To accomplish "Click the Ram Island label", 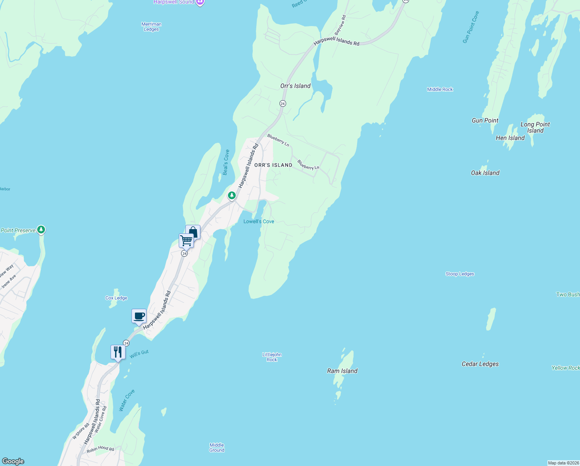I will pyautogui.click(x=342, y=371).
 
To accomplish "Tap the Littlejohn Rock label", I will pyautogui.click(x=272, y=357).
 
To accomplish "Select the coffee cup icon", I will pyautogui.click(x=139, y=316).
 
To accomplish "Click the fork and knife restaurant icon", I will pyautogui.click(x=117, y=352).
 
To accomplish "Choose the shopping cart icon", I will pyautogui.click(x=186, y=240).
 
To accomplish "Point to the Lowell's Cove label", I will pyautogui.click(x=259, y=221).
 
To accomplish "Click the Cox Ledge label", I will pyautogui.click(x=116, y=298).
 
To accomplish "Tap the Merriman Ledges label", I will pyautogui.click(x=151, y=26).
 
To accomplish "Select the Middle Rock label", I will pyautogui.click(x=440, y=89).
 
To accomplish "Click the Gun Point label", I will pyautogui.click(x=485, y=120).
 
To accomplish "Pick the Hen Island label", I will pyautogui.click(x=510, y=138).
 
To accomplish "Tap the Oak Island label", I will pyautogui.click(x=485, y=173).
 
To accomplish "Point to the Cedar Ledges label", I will pyautogui.click(x=480, y=364).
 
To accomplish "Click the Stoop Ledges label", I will pyautogui.click(x=460, y=274).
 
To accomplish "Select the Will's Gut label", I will pyautogui.click(x=139, y=354).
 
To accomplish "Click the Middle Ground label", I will pyautogui.click(x=217, y=447).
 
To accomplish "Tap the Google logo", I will pyautogui.click(x=13, y=461).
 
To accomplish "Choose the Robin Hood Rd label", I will pyautogui.click(x=100, y=449).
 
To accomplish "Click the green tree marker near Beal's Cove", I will pyautogui.click(x=231, y=195).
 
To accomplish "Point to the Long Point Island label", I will pyautogui.click(x=535, y=127).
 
